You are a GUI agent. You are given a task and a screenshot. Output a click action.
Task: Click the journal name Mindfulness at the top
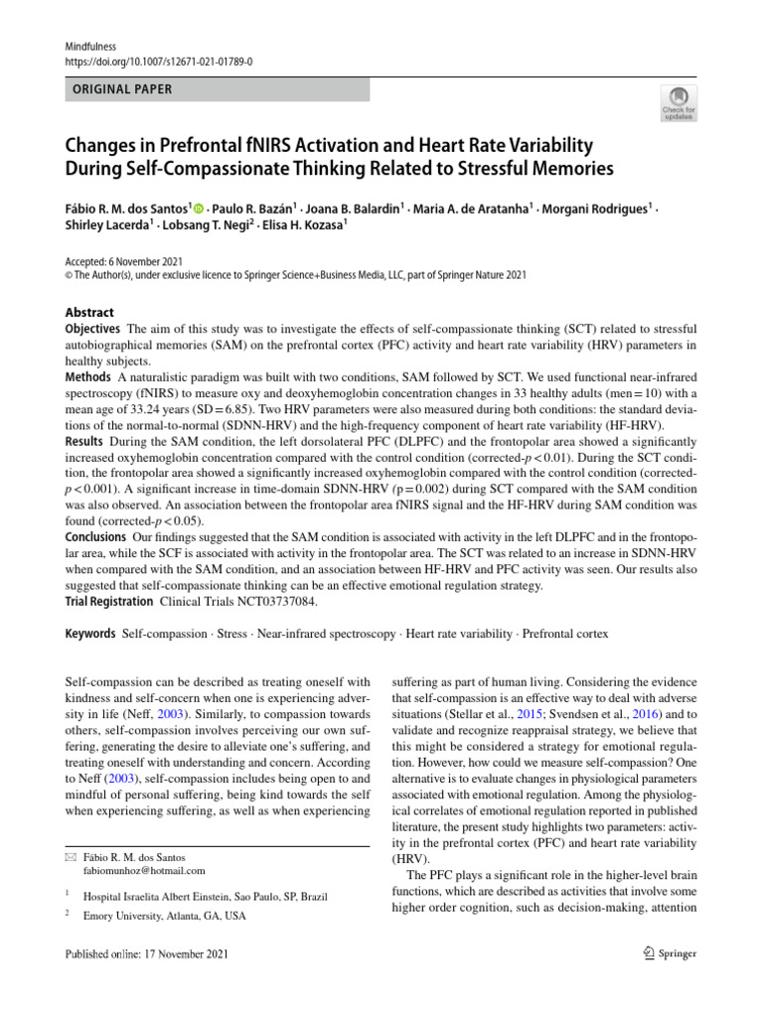click(90, 45)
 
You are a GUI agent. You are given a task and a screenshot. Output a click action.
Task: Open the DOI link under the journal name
click(159, 61)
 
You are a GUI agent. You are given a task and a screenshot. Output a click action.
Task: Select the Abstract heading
click(88, 312)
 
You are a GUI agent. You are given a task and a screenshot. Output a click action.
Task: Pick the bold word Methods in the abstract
click(88, 377)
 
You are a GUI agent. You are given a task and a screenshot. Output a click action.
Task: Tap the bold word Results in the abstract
click(85, 441)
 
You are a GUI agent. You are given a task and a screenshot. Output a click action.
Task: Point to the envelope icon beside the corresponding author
click(71, 857)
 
